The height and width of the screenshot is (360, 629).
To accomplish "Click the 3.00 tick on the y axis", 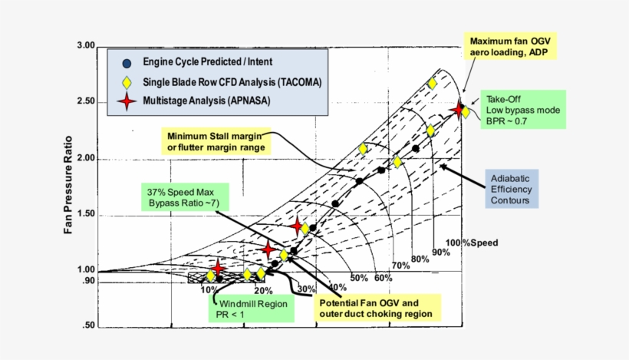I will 84,47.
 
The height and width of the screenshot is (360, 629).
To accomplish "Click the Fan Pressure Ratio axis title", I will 68,186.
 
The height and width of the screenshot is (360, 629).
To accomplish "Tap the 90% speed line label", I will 441,252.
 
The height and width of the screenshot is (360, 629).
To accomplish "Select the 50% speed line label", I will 359,277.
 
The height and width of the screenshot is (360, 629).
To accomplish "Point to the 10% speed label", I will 208,289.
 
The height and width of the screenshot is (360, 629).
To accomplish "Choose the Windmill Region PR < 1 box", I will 250,309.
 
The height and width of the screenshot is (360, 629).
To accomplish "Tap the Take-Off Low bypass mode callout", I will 523,111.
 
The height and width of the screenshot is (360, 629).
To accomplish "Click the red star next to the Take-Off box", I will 459,110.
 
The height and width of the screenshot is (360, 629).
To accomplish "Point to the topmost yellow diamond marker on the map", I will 433,83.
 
